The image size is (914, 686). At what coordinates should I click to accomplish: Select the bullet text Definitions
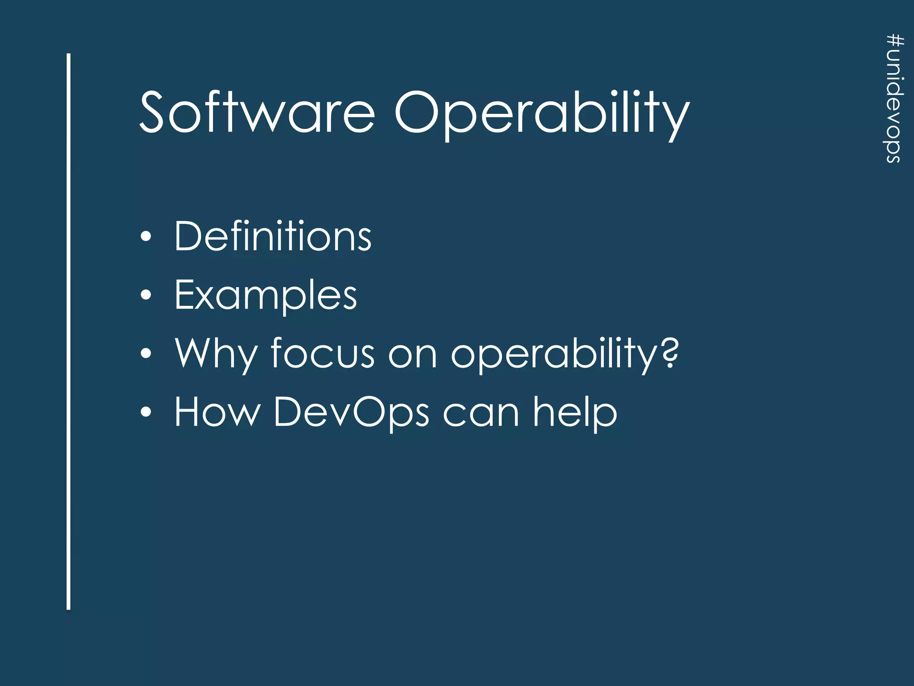click(272, 237)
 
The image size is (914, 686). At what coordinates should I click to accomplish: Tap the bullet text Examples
click(266, 296)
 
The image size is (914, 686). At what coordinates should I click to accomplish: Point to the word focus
click(323, 354)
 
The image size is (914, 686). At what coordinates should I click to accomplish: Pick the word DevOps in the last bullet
click(351, 413)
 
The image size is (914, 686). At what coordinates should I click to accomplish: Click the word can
click(481, 413)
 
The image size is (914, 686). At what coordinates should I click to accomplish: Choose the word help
click(575, 413)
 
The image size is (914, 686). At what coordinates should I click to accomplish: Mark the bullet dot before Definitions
click(146, 237)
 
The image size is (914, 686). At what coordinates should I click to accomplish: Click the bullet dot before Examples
click(146, 295)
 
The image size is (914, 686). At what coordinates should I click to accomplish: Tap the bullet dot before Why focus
click(146, 354)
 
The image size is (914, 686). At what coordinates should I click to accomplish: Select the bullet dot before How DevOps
click(146, 412)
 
